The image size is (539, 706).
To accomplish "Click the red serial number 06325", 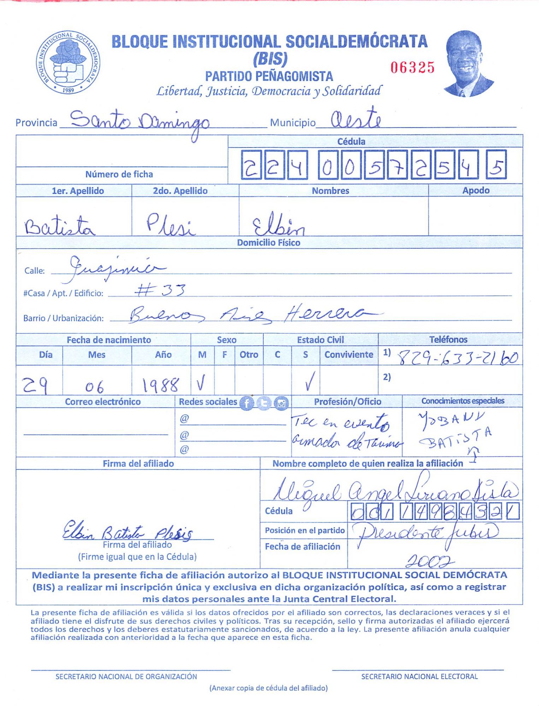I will coord(412,67).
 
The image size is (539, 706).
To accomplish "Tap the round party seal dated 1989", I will coord(68,62).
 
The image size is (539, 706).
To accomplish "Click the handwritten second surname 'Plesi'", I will coord(170,225).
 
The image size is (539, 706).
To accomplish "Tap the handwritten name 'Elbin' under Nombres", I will coord(278,225).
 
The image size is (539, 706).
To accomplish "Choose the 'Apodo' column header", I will coord(475,191).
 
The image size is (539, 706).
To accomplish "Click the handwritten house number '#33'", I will coord(160,290).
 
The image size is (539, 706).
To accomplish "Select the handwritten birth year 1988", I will coord(161,385).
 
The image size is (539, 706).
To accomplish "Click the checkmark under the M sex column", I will coord(201,383).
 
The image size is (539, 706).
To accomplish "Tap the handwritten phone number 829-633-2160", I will coord(458,358).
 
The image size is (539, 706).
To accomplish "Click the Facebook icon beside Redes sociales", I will coord(247,403).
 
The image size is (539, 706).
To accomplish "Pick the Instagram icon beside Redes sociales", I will coord(281,403).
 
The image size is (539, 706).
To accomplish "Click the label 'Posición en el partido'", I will coord(304,531).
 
